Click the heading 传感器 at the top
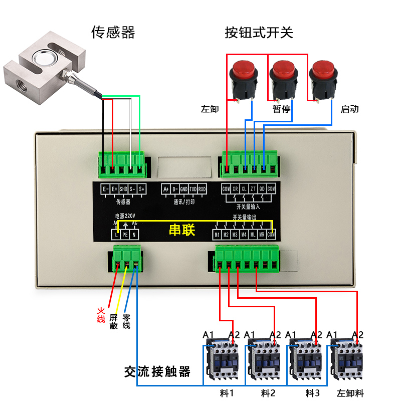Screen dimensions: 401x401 [x=113, y=33]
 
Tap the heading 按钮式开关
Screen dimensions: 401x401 [x=259, y=33]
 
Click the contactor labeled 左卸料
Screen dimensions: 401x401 [x=347, y=359]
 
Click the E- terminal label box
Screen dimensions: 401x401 [x=105, y=189]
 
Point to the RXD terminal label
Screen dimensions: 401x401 [x=202, y=189]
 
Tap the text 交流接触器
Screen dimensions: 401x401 [x=157, y=372]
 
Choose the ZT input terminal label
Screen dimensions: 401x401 [x=253, y=189]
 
